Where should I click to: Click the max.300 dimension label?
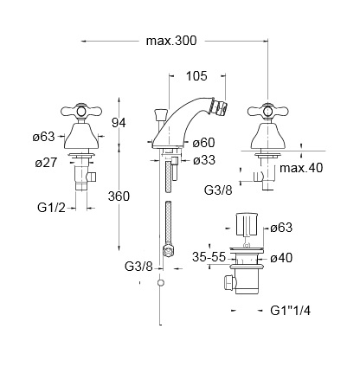(x=171, y=41)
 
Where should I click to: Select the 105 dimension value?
(x=196, y=76)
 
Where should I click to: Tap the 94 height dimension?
(x=119, y=123)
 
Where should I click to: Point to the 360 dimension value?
(x=119, y=196)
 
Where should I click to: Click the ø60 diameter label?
(x=204, y=143)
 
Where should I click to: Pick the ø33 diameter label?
(x=204, y=160)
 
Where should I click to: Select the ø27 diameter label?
(x=46, y=163)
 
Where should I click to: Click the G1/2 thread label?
(x=51, y=208)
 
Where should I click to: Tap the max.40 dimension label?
(x=301, y=168)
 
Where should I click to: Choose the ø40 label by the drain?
(x=281, y=258)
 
